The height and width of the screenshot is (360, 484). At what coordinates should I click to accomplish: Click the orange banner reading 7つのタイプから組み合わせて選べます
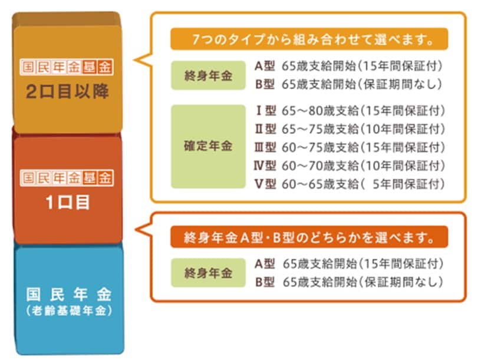[309, 39]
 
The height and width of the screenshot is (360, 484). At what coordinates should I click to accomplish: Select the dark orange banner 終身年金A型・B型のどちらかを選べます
[309, 237]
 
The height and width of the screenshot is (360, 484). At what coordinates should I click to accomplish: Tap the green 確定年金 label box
[208, 147]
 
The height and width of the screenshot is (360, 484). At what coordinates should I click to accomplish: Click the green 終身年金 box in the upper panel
[208, 75]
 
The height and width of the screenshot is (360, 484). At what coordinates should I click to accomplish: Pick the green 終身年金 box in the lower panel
[208, 273]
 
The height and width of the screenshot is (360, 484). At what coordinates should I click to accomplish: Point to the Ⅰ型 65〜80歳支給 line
[350, 110]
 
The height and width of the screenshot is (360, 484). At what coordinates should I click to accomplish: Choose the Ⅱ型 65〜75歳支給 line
[350, 129]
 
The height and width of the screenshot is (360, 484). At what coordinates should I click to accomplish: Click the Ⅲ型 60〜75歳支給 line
[350, 147]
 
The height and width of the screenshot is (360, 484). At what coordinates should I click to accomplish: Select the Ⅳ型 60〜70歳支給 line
[350, 166]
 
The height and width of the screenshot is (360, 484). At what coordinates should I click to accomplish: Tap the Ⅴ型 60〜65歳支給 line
[350, 184]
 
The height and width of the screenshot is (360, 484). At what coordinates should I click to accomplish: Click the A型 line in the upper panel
[349, 66]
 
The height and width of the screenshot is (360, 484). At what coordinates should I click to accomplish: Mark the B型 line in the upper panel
[349, 84]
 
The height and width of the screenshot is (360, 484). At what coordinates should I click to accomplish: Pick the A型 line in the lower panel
[349, 264]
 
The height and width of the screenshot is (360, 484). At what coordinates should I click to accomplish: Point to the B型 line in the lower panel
[349, 282]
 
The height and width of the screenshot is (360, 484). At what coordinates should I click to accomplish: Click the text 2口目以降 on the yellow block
[67, 91]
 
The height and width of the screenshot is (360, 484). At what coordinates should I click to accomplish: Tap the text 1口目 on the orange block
[68, 203]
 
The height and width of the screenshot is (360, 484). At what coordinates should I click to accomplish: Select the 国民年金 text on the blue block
[68, 295]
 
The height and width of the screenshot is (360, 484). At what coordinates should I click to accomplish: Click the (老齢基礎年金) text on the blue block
[69, 311]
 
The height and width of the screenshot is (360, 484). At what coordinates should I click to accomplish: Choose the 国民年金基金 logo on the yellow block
[67, 67]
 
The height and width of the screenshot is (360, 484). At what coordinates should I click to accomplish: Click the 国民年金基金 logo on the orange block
[67, 178]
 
